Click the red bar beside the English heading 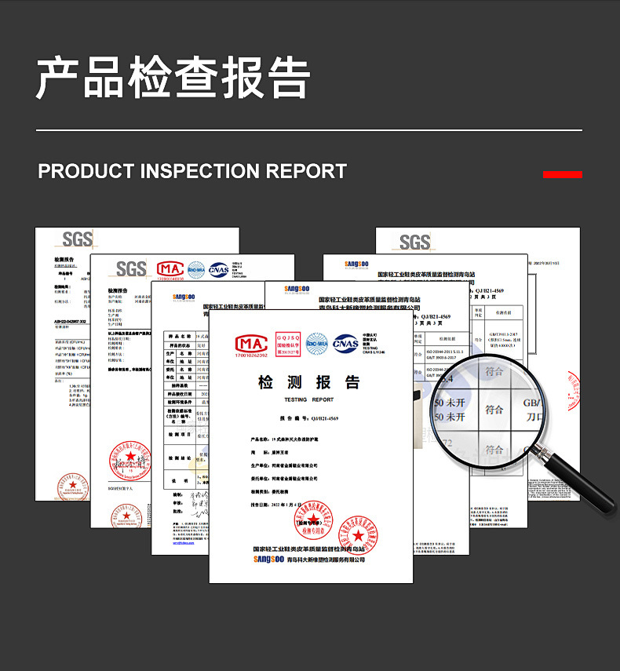(562, 174)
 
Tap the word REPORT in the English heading (306, 171)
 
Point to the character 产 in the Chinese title (60, 78)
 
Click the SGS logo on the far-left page (77, 239)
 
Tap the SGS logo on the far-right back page (415, 242)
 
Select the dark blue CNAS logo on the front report (345, 343)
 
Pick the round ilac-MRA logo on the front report (316, 343)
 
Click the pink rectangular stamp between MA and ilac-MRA (287, 343)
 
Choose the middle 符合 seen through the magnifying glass (494, 409)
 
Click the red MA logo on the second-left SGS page (170, 269)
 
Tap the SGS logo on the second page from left (131, 269)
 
